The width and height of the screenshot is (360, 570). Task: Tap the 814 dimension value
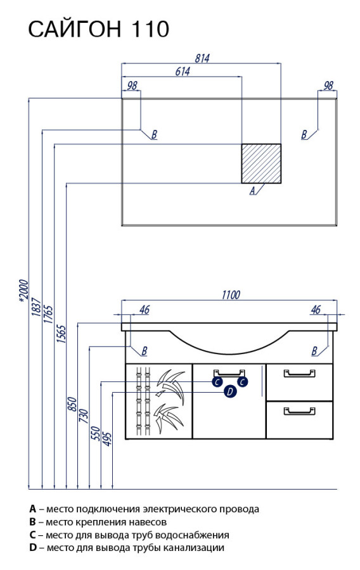click(202, 58)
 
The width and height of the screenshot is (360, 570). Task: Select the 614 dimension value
click(182, 72)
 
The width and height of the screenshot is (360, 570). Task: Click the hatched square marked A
click(262, 163)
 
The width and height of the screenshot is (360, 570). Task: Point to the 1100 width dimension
click(231, 294)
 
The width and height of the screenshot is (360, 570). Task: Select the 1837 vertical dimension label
click(36, 307)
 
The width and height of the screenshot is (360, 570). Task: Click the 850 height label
click(72, 405)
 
